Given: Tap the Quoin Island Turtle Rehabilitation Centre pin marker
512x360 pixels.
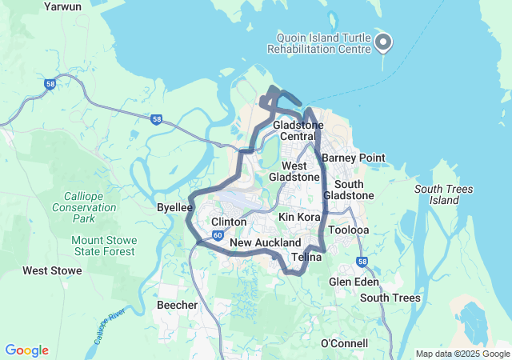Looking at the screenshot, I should click(383, 42).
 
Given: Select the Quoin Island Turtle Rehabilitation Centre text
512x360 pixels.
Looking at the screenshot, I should click(323, 43).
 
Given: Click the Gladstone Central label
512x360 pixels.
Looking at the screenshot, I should click(298, 131).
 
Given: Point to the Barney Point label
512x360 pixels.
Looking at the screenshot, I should click(354, 158).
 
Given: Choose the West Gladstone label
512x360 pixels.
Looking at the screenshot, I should click(294, 170).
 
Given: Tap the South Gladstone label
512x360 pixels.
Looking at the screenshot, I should click(349, 190).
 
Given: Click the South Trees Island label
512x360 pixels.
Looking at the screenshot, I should click(444, 194).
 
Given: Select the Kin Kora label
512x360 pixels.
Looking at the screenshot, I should click(299, 217).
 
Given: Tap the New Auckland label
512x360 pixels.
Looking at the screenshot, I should click(265, 242).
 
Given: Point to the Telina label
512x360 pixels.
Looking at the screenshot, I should click(306, 257).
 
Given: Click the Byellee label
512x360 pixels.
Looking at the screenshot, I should click(175, 207).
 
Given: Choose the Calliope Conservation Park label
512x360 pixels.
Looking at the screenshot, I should click(89, 206).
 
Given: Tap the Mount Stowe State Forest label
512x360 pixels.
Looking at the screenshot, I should click(100, 246).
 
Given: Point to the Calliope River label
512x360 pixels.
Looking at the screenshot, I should click(111, 325).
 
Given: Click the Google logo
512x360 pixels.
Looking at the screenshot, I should click(26, 350).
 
